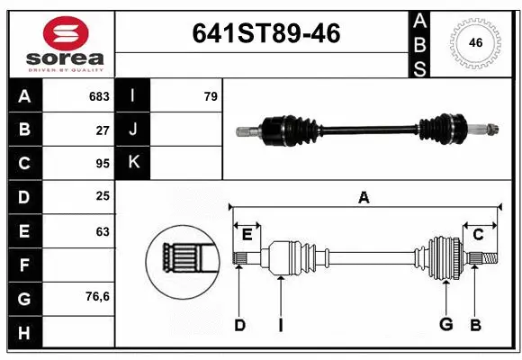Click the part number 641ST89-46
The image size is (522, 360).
click(x=266, y=34)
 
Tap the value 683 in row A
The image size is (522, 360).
click(x=99, y=96)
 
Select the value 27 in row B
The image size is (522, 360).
click(x=103, y=130)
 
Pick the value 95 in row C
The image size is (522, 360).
click(x=103, y=164)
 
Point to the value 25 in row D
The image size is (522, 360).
click(x=103, y=197)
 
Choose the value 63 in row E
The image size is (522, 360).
click(x=103, y=231)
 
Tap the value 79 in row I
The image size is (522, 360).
click(x=211, y=96)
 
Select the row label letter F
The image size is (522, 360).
click(x=24, y=265)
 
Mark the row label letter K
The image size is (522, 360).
click(x=133, y=163)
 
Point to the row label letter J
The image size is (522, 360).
click(x=133, y=130)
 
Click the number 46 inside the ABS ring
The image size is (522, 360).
click(x=476, y=41)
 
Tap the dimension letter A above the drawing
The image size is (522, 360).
click(x=364, y=197)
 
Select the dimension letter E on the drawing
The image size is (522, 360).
click(x=247, y=235)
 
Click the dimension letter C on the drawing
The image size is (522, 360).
click(x=478, y=235)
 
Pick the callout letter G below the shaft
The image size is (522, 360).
click(x=445, y=324)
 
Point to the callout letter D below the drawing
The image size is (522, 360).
click(x=239, y=324)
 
